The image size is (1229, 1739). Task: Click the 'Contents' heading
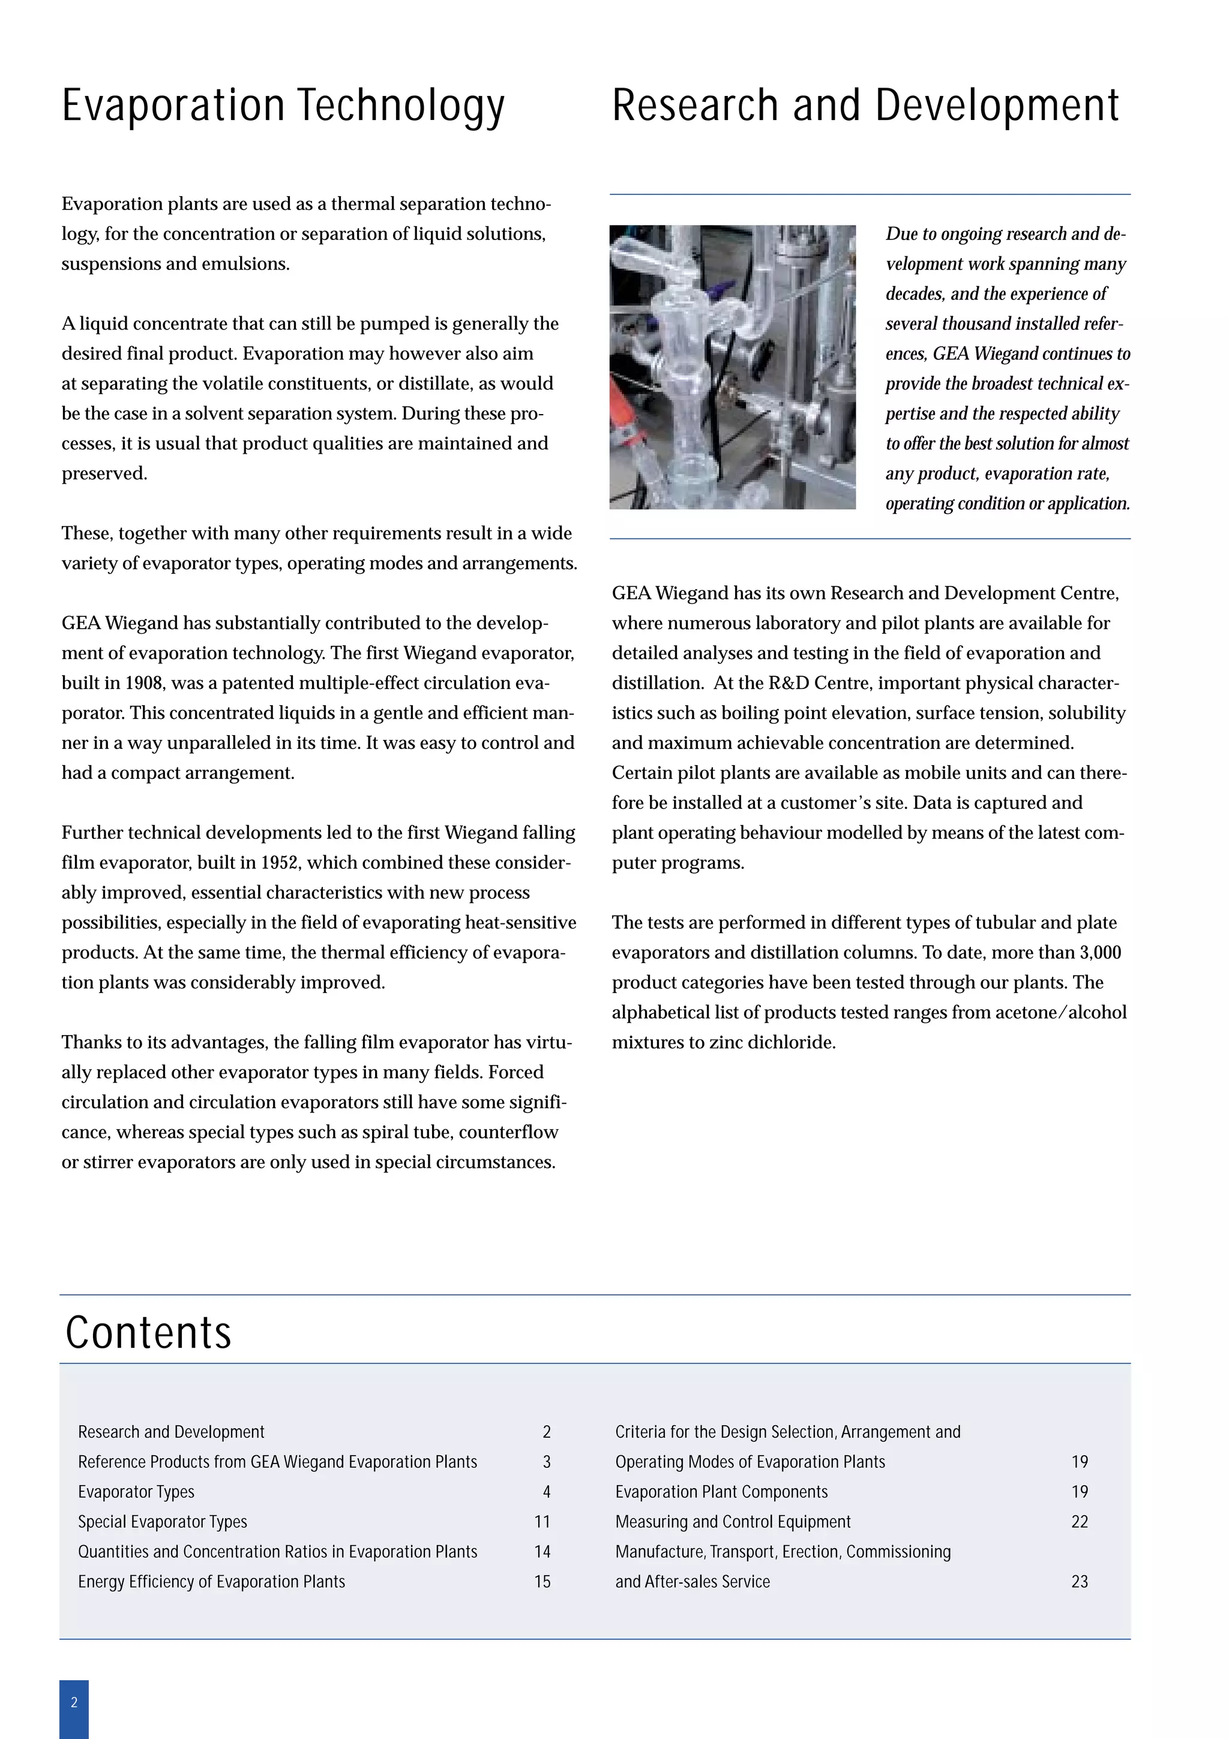pyautogui.click(x=148, y=1332)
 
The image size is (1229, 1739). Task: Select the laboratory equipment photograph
pyautogui.click(x=732, y=367)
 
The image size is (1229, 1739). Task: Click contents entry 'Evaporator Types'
pyautogui.click(x=136, y=1492)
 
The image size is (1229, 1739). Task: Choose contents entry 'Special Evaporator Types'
pyautogui.click(x=163, y=1522)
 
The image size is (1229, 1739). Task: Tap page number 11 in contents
pyautogui.click(x=542, y=1522)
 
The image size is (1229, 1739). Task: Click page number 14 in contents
pyautogui.click(x=542, y=1552)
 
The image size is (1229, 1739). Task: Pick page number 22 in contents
pyautogui.click(x=1079, y=1522)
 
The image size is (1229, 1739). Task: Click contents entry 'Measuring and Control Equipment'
pyautogui.click(x=733, y=1522)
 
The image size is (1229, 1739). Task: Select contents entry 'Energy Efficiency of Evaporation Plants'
pyautogui.click(x=211, y=1581)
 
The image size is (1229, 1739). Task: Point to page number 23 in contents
pyautogui.click(x=1079, y=1581)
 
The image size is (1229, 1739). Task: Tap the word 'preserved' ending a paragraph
pyautogui.click(x=103, y=474)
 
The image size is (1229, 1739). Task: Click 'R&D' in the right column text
pyautogui.click(x=789, y=683)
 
